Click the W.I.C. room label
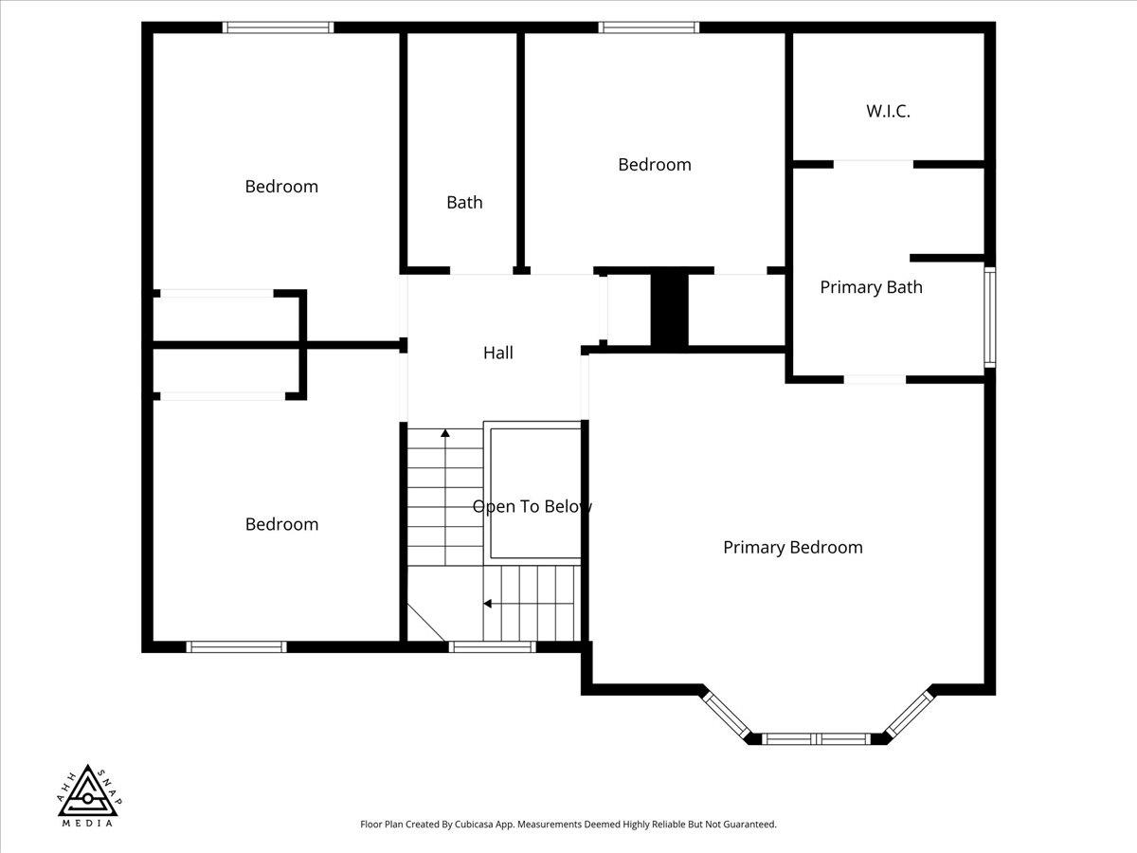click(888, 111)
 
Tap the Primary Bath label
click(872, 287)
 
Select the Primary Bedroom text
click(793, 548)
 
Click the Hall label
click(497, 353)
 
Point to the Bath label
click(464, 202)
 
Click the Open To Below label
click(532, 506)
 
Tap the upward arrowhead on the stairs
click(445, 433)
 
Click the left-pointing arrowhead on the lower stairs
click(487, 604)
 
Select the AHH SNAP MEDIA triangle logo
click(88, 795)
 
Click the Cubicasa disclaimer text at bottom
click(568, 824)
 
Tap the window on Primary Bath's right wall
click(989, 317)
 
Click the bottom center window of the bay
click(816, 739)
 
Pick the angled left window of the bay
click(726, 716)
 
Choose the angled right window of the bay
click(909, 714)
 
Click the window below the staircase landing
click(492, 647)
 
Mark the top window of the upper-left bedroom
click(279, 27)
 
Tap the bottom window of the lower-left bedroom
click(236, 647)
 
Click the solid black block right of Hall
click(669, 309)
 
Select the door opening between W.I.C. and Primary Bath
click(874, 164)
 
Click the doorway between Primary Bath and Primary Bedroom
click(875, 380)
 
